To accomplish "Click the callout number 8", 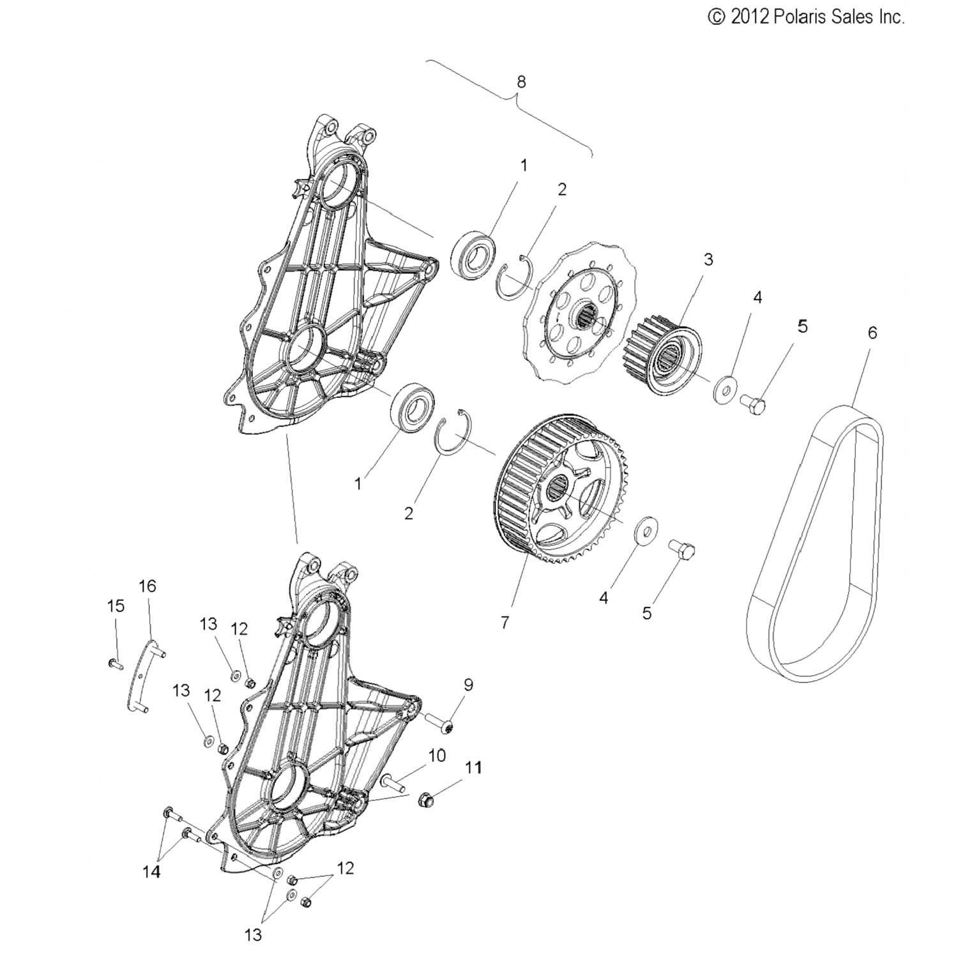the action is click(x=521, y=82).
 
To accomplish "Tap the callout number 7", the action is click(x=505, y=622).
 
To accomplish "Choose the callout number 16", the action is click(x=148, y=586).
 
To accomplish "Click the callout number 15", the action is click(x=116, y=605).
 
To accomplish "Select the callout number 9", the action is click(x=468, y=685).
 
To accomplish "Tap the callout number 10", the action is click(x=437, y=756).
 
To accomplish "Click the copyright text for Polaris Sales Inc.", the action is click(x=807, y=17).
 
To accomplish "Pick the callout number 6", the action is click(x=872, y=333).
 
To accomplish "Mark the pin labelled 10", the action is click(x=395, y=784).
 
